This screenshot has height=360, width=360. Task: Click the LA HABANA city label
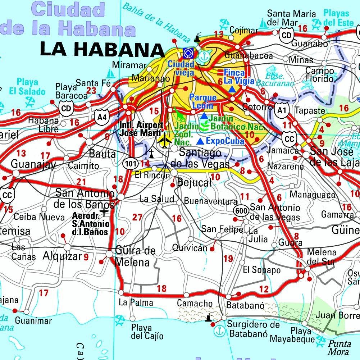pos(100,49)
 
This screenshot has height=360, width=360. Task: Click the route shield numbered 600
pos(240,211)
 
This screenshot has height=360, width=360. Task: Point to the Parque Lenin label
pos(203,101)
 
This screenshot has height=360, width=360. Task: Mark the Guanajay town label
pos(33,164)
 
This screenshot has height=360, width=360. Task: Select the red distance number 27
pos(137,217)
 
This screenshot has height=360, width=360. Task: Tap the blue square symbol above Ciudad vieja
pos(187,54)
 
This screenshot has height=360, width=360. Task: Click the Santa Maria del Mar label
pos(291,18)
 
